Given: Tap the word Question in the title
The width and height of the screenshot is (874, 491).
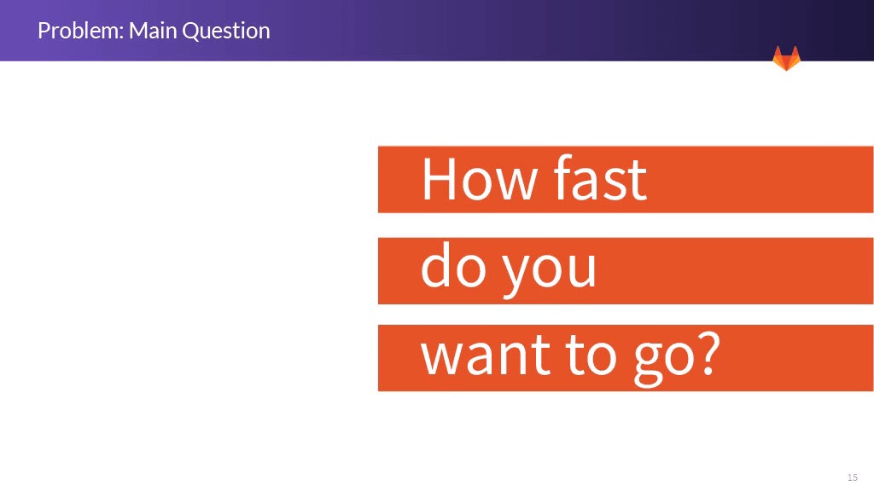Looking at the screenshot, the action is point(226,32).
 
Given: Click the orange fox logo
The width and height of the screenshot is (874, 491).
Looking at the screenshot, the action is point(786,59).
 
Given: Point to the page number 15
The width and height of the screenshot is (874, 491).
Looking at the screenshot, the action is point(853,477).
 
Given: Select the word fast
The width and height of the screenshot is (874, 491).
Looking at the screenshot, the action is point(600,177).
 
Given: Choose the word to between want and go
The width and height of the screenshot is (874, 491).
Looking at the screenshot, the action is point(591,354).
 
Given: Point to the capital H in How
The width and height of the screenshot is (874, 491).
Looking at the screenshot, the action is point(440,179).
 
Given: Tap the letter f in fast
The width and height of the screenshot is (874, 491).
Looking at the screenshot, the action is point(564,177).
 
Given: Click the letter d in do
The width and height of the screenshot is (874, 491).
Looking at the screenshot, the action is point(436,265).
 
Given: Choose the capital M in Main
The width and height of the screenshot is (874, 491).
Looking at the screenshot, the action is point(138,32).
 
